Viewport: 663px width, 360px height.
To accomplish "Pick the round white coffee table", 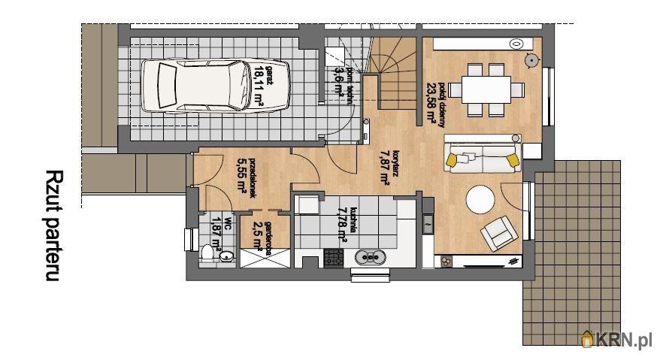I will (480, 200).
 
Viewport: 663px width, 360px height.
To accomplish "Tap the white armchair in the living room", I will (498, 234).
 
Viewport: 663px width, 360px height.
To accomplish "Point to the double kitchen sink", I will (370, 258).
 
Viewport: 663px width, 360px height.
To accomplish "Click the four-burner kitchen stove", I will (333, 258).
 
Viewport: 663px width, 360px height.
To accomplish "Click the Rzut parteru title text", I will (53, 225).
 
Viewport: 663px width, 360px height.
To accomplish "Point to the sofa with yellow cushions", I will (483, 159).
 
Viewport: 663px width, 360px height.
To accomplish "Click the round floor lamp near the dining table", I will (531, 58).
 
